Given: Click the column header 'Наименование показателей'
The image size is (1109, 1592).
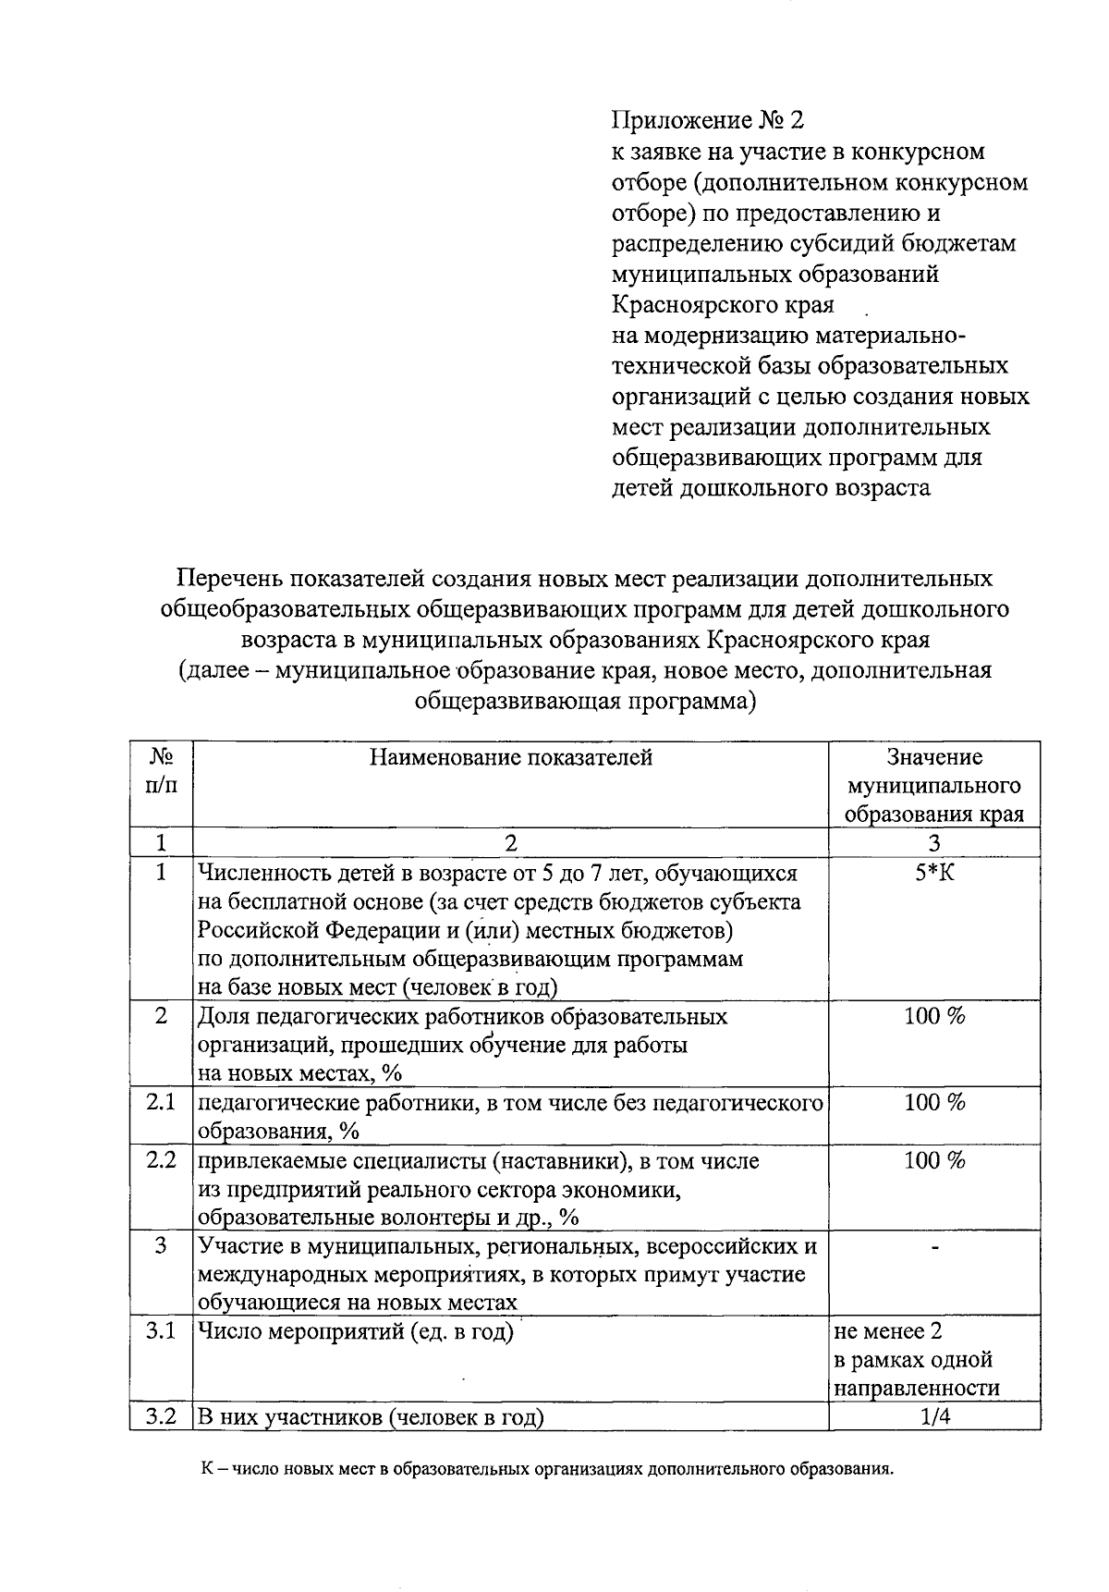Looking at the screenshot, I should (x=510, y=758).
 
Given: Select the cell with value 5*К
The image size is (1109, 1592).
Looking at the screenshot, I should (x=934, y=873).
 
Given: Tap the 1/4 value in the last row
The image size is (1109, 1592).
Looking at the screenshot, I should (x=934, y=1417).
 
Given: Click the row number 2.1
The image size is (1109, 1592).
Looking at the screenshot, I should (x=161, y=1102).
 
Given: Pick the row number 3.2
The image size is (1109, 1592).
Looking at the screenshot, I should (x=161, y=1417).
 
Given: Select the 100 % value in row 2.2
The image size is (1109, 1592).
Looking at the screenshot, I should (x=934, y=1160).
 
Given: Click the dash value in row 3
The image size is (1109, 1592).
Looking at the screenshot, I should (x=934, y=1247).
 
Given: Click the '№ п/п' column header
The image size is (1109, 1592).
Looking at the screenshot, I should (x=161, y=771).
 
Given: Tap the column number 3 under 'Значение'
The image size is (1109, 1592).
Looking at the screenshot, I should (x=934, y=842).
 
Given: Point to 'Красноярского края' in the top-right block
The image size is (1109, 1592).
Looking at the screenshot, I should (x=724, y=305).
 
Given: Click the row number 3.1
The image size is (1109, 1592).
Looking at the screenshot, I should (x=161, y=1332).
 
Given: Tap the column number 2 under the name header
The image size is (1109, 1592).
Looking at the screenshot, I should (x=510, y=842).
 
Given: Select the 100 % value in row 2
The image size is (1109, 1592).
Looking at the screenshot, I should (x=934, y=1017).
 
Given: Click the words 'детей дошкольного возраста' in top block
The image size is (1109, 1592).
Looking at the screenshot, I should (x=771, y=488).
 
